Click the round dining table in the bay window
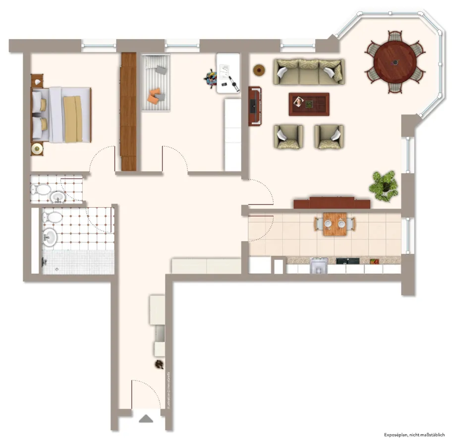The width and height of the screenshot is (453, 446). click(x=395, y=61)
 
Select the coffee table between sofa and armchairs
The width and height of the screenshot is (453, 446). click(x=309, y=104)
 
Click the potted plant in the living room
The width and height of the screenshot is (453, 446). click(x=384, y=185)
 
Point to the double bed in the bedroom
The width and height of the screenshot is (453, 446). click(x=62, y=114)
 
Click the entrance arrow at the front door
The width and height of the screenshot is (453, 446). click(x=146, y=419)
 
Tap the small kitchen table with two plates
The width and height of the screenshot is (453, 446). click(x=335, y=223)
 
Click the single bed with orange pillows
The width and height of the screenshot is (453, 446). click(x=156, y=83)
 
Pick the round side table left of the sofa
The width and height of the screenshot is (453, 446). click(x=258, y=70)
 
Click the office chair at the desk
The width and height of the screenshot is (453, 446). click(x=212, y=78)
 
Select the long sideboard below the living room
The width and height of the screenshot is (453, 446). click(x=332, y=203)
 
